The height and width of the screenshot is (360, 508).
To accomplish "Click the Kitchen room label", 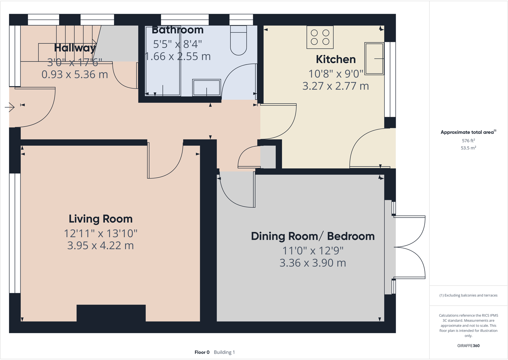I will tap(335, 59).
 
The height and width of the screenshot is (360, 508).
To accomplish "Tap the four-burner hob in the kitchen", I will tap(320, 37).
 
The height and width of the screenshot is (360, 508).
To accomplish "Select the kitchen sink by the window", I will tap(374, 59).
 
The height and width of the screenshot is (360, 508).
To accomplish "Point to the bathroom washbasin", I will tap(206, 87).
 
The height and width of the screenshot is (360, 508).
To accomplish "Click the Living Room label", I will tap(100, 219).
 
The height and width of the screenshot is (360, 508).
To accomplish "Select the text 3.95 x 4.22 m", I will tap(100, 246).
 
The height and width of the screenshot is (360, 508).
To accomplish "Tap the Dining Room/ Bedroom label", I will tap(312, 236).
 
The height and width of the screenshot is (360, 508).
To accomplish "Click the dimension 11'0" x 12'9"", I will tap(312, 251).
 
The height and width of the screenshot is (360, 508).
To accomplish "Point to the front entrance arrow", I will tap(10, 107).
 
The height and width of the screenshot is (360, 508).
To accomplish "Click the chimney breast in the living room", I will tap(111, 313).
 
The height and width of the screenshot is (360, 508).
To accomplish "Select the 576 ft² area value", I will tap(468, 141).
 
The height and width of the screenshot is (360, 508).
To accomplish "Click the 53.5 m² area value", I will tap(468, 148).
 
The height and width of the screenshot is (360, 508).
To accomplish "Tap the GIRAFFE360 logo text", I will tap(468, 346).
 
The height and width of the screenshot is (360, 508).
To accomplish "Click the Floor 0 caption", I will tap(202, 352).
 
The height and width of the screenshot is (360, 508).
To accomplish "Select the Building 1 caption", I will tap(224, 352).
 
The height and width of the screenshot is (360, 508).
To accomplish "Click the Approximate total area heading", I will tap(467, 132).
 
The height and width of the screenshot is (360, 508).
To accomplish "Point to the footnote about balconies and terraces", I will tap(468, 295).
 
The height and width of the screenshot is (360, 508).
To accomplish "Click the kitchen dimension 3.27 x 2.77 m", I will tap(335, 86).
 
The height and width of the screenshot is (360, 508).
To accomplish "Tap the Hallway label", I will tap(75, 48).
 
